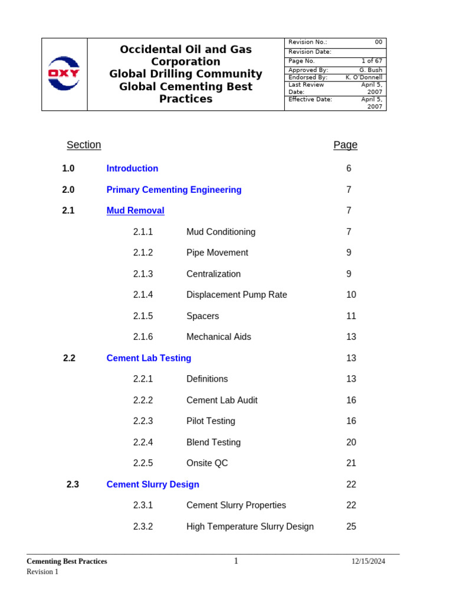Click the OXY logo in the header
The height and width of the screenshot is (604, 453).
pos(64,74)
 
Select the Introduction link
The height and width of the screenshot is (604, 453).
pos(132,169)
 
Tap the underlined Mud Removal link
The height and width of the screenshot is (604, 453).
pos(135,211)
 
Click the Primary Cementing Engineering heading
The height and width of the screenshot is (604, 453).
pos(174,190)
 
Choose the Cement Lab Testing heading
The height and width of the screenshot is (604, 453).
pos(149,358)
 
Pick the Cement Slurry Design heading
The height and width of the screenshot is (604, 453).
pos(153,484)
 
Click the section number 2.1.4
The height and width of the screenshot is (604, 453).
pos(143,295)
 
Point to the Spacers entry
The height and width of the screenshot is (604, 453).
pos(202,316)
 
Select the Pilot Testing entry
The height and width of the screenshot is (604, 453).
pos(211,421)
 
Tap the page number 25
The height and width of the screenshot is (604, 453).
pos(351,527)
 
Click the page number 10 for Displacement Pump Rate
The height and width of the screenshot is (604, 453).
pos(351,295)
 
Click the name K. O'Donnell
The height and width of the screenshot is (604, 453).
pos(363,77)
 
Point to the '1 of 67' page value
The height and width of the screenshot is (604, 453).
pos(372,61)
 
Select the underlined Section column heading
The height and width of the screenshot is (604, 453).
pos(84,145)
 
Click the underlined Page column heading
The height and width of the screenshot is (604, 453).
pos(345,145)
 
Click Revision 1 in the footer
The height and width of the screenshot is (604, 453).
pos(42,572)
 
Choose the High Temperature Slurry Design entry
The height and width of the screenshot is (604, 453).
pos(250,527)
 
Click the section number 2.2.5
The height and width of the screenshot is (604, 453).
pos(143,463)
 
